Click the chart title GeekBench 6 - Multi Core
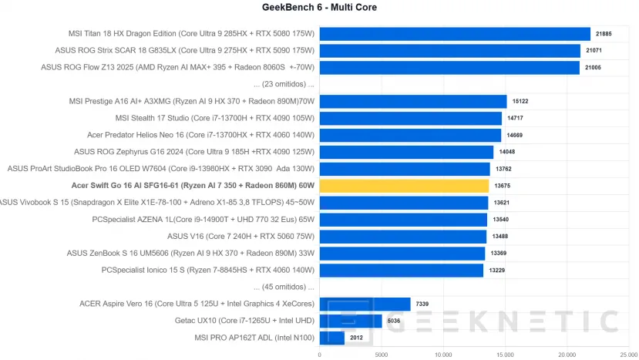click(319, 8)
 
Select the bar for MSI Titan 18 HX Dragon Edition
click(455, 33)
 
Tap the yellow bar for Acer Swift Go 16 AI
click(404, 186)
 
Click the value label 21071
click(594, 50)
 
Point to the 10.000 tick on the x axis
click(443, 355)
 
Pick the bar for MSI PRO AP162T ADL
click(331, 338)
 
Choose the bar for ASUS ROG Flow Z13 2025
click(449, 67)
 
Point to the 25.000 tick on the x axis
click(629, 355)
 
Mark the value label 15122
click(520, 101)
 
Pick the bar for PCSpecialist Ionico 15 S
click(401, 270)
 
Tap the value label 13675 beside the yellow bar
click(503, 186)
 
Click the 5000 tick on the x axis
click(381, 355)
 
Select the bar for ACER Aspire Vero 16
click(365, 304)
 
